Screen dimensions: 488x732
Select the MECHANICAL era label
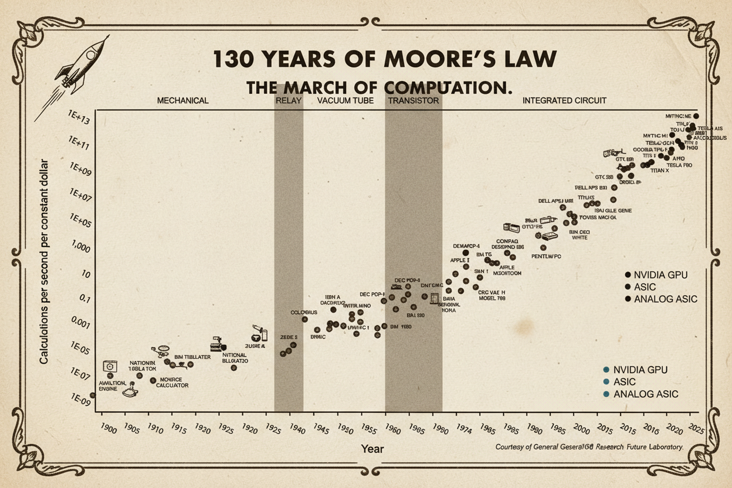coord(182,100)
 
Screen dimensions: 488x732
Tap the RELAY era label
coord(288,100)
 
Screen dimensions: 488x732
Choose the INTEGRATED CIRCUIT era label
coord(564,100)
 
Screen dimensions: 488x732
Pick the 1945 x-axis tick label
coord(322,428)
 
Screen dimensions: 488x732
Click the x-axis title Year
coord(372,449)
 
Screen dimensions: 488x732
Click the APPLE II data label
coord(460,260)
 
